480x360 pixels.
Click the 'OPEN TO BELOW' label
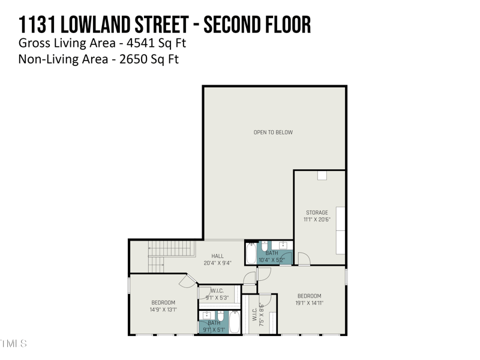click(x=273, y=132)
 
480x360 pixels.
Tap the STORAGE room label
click(x=317, y=212)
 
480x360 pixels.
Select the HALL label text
click(x=217, y=256)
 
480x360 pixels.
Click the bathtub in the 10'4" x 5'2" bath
click(x=251, y=254)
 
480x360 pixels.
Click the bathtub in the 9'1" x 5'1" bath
click(x=235, y=323)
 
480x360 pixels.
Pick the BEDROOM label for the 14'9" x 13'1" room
click(x=163, y=302)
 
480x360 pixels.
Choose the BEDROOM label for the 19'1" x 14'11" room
click(x=310, y=296)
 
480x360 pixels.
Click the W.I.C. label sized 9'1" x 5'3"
click(x=217, y=291)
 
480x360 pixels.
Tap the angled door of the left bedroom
click(x=188, y=281)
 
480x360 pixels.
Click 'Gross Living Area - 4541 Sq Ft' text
click(x=107, y=43)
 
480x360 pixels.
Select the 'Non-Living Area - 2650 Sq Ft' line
click(x=98, y=59)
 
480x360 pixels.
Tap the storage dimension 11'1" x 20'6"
click(x=317, y=220)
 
